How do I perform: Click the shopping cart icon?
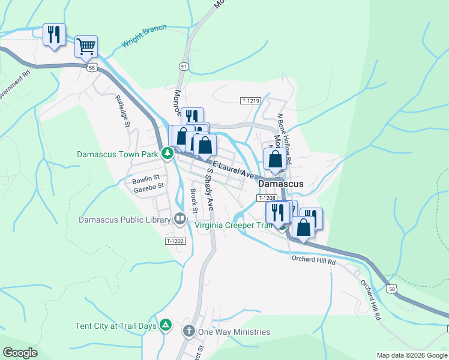(86, 46)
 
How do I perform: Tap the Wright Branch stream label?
(144, 37)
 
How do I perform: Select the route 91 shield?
(183, 66)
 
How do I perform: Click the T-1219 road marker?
(251, 101)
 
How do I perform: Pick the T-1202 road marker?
(175, 241)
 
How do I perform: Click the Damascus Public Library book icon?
(179, 220)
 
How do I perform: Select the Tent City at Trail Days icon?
(166, 326)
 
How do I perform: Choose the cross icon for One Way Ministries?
(188, 331)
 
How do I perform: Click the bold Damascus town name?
(280, 184)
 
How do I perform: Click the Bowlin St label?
(146, 178)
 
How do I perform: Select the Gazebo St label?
(149, 187)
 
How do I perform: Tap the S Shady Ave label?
(210, 188)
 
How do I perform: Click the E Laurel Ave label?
(232, 169)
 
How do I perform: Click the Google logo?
(20, 353)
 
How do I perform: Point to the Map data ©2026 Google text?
(411, 355)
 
